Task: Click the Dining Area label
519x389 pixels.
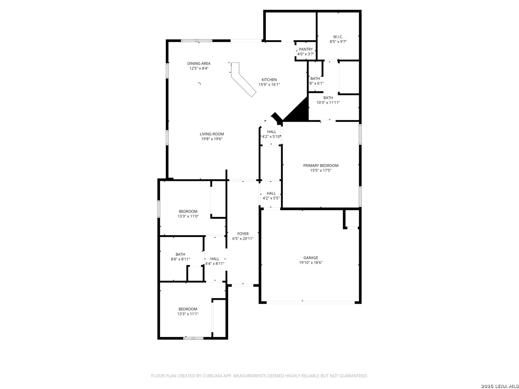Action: [x=199, y=63]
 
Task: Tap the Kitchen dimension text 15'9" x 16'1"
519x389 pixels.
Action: [x=269, y=84]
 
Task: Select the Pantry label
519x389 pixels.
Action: [x=306, y=49]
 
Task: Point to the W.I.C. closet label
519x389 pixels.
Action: [x=338, y=37]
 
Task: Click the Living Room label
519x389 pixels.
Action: [x=212, y=134]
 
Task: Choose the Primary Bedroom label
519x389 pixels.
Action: [x=321, y=165]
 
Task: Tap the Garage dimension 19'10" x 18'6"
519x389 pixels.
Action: [x=311, y=263]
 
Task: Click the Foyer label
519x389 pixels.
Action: [x=243, y=234]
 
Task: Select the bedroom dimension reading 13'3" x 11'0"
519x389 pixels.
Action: [x=188, y=216]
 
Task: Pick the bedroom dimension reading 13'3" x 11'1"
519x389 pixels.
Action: [x=188, y=314]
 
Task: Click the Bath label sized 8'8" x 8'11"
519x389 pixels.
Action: [x=180, y=254]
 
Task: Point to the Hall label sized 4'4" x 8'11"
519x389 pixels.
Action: [x=214, y=259]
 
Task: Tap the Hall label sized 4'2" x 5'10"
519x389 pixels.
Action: [x=271, y=131]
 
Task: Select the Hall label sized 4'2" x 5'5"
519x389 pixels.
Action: [x=271, y=193]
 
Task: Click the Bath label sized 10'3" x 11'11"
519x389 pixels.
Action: [x=328, y=98]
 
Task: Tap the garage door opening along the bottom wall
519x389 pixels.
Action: [x=310, y=302]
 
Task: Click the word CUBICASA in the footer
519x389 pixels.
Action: [x=212, y=376]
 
